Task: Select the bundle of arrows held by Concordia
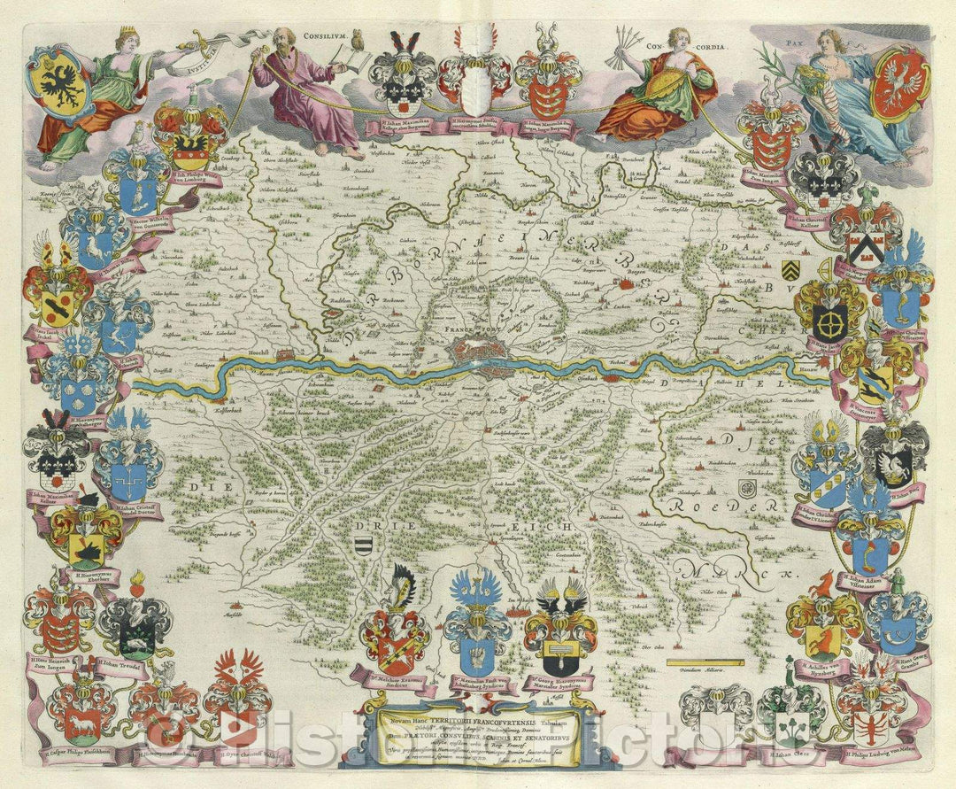(635, 41)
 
